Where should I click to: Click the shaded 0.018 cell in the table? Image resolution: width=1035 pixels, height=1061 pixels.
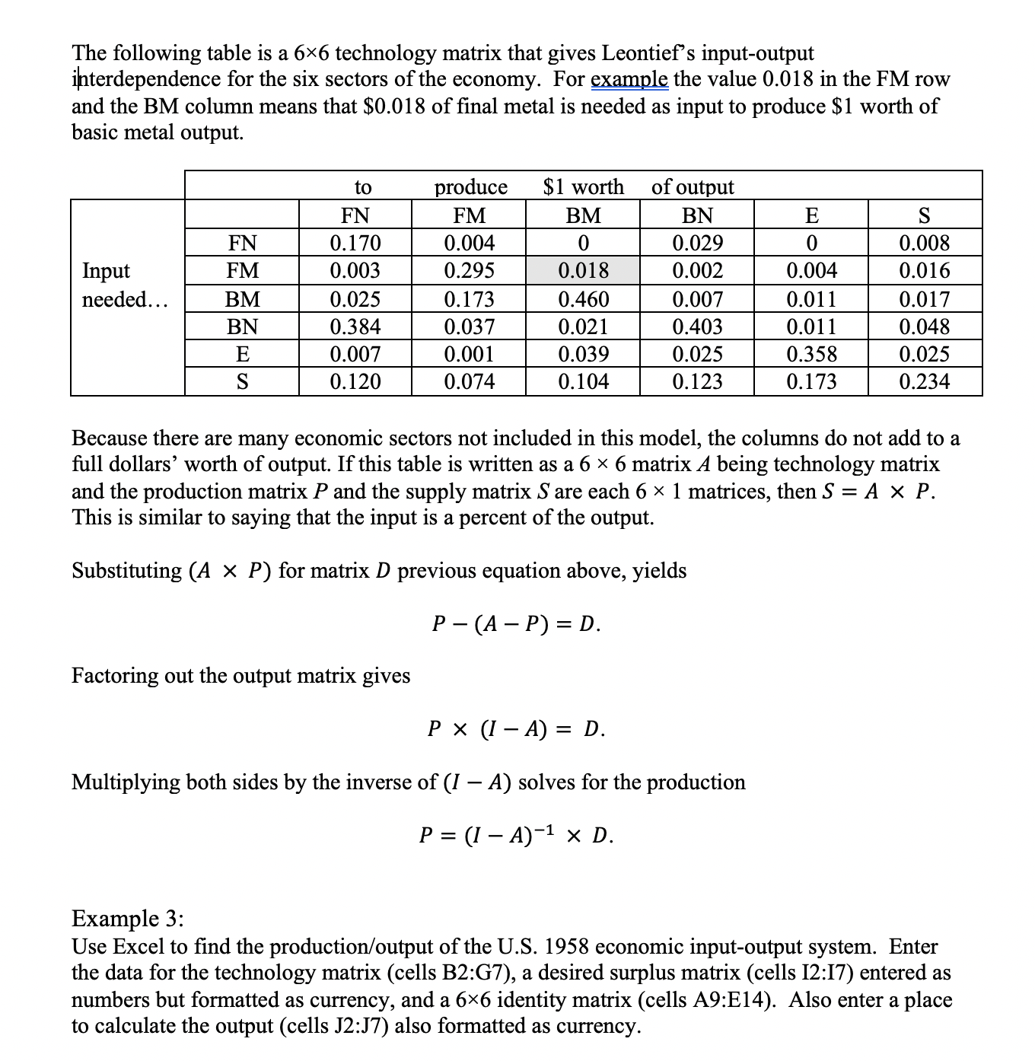click(x=583, y=271)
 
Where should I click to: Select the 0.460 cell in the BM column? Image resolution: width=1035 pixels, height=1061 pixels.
click(x=583, y=299)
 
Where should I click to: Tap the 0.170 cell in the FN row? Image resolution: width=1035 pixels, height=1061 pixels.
click(x=355, y=244)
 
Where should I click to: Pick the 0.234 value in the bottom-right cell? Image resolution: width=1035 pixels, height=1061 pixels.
click(x=924, y=382)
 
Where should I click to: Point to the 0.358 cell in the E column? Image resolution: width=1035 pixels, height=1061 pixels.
click(x=811, y=355)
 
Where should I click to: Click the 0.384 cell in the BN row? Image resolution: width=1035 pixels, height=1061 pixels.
click(x=355, y=327)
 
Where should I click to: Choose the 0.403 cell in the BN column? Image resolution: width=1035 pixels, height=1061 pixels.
click(x=697, y=327)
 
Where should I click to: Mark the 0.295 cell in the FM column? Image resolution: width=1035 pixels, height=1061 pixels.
click(x=469, y=271)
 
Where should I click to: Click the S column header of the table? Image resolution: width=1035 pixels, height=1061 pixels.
click(x=924, y=215)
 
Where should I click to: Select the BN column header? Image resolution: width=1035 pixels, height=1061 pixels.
click(x=697, y=215)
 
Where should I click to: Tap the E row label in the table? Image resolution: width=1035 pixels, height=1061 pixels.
click(x=242, y=355)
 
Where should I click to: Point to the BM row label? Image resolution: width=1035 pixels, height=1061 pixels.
click(x=242, y=299)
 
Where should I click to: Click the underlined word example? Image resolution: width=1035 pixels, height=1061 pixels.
click(x=629, y=80)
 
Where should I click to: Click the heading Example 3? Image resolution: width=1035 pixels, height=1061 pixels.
click(x=127, y=919)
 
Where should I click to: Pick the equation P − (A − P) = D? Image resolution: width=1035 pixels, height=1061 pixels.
click(x=516, y=624)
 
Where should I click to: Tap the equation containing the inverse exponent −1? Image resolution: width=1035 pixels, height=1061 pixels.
click(x=516, y=836)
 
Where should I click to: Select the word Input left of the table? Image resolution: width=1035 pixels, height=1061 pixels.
click(x=106, y=271)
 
